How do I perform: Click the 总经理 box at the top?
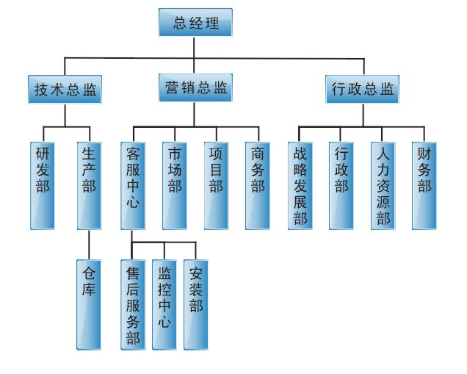click(195, 23)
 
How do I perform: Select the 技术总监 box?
click(65, 90)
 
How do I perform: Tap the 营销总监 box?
click(195, 88)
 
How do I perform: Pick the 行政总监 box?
click(362, 90)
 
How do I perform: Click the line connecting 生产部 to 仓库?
click(88, 243)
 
